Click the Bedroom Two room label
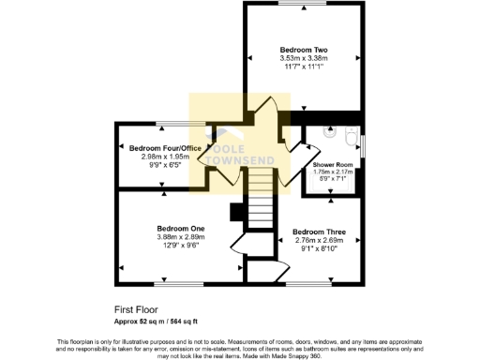[304, 48]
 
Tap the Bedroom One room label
[181, 228]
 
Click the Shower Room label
[332, 164]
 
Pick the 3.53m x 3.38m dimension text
[304, 57]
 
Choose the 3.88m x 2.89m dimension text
[181, 237]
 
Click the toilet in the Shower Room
[349, 142]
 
